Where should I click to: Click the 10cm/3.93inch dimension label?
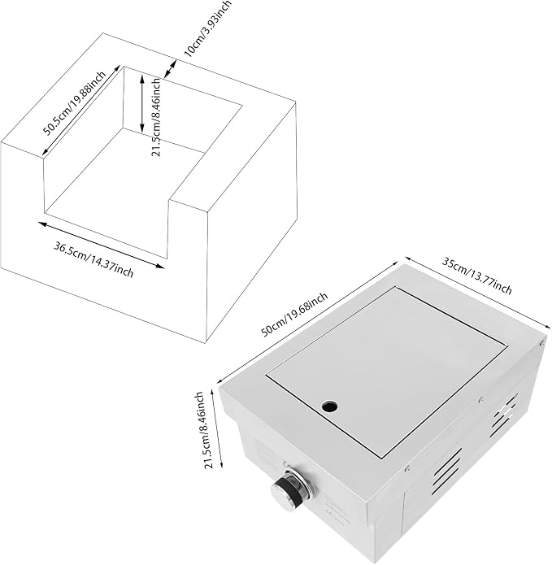[x=208, y=28]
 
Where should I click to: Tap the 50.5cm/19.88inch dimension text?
[x=75, y=103]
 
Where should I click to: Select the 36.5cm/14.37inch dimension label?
[x=93, y=260]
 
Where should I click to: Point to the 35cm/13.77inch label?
[x=476, y=276]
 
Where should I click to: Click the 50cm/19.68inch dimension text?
[x=294, y=315]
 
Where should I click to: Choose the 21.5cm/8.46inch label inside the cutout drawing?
[x=156, y=117]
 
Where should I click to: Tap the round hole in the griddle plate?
[x=330, y=406]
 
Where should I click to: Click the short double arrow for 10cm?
[x=170, y=69]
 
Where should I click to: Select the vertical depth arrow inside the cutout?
[x=142, y=102]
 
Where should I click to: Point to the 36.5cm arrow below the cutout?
[x=102, y=245]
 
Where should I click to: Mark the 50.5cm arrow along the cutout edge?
[x=81, y=111]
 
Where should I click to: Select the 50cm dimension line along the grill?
[x=306, y=323]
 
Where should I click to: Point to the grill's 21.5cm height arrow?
[x=218, y=430]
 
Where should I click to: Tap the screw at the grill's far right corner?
[x=541, y=343]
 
